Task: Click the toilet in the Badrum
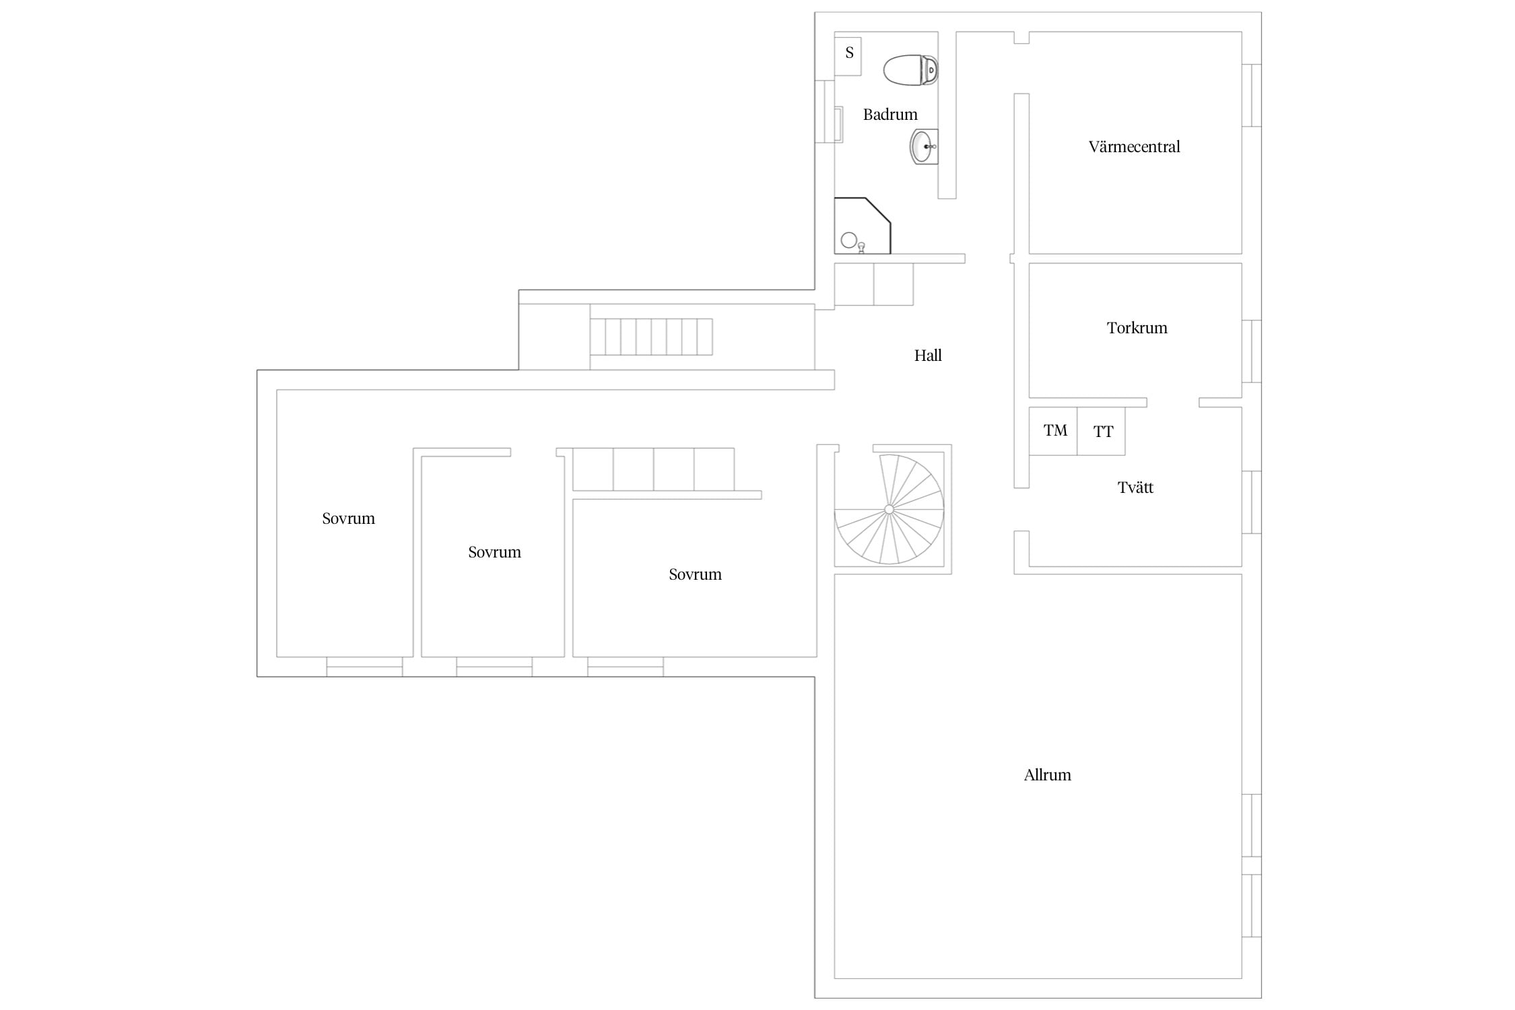click(x=910, y=70)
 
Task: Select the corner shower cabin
click(x=863, y=226)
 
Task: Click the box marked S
click(x=848, y=57)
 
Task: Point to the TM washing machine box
click(x=1053, y=431)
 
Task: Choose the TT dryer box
click(x=1101, y=431)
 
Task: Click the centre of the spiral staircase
click(x=889, y=509)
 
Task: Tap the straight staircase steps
click(x=651, y=337)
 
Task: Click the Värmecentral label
click(x=1134, y=147)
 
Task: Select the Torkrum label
click(x=1137, y=328)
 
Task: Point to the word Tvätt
click(x=1135, y=487)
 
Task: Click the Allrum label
click(x=1047, y=775)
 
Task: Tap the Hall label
click(x=928, y=356)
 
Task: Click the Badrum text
click(x=890, y=114)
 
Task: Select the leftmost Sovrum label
click(x=348, y=518)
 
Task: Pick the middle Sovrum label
click(x=494, y=552)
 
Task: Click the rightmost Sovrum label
click(x=695, y=574)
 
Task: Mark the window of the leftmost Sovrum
click(x=364, y=667)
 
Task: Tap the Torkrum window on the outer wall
click(x=1252, y=351)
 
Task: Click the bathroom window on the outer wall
click(x=825, y=111)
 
